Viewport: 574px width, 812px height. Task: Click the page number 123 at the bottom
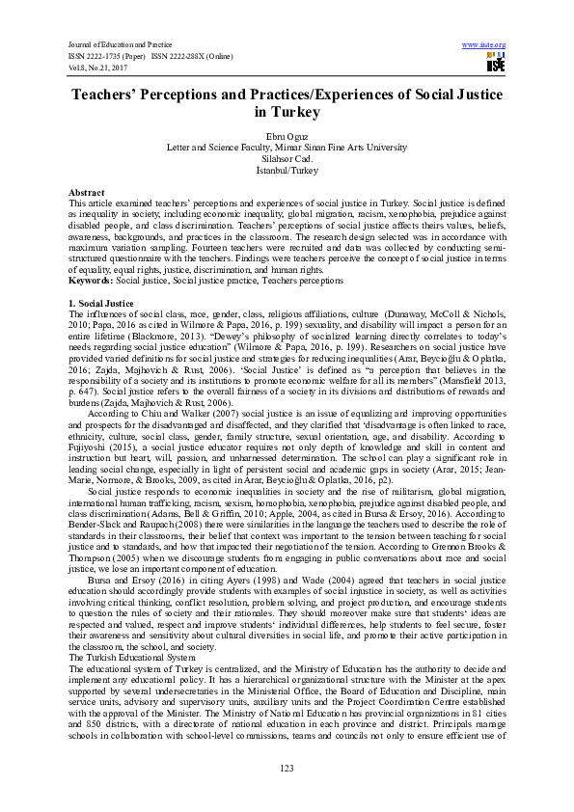pos(287,768)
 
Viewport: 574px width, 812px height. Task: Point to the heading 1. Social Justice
pos(101,303)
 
